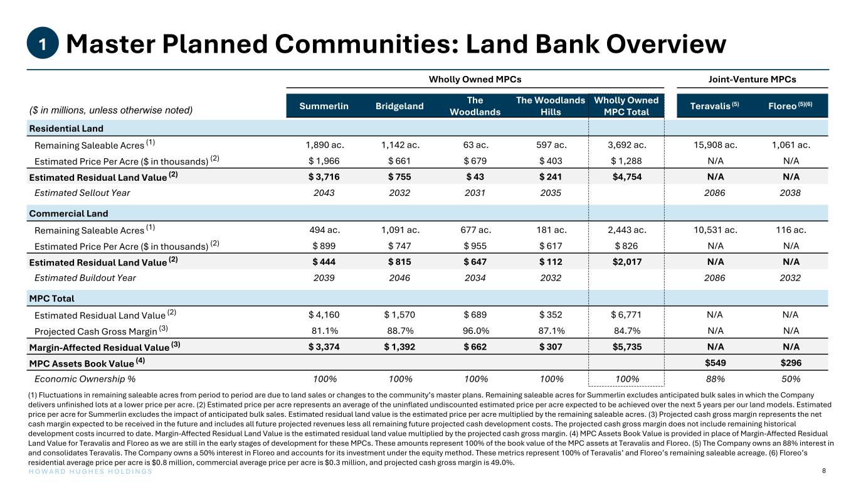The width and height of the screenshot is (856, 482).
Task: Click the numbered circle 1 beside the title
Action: pos(43,43)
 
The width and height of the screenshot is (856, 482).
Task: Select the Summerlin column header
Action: pos(324,106)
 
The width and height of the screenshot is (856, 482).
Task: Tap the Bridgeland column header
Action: pos(399,106)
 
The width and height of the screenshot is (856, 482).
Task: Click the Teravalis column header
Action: pos(714,105)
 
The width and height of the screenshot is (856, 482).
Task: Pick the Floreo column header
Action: pos(790,105)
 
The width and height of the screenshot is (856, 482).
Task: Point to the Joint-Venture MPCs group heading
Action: pos(752,79)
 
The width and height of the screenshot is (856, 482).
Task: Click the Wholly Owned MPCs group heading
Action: pos(475,79)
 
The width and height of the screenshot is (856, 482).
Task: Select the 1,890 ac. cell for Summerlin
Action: pos(324,145)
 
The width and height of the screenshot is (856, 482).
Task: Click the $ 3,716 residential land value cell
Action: pos(324,177)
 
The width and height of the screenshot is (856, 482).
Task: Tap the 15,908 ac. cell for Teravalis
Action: pos(716,145)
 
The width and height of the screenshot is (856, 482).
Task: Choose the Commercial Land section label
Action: pos(68,213)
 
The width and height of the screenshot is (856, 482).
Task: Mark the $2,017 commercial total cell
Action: pos(626,262)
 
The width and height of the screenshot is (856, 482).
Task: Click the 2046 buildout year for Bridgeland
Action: pos(399,278)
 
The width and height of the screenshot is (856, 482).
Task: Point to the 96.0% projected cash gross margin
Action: pos(476,331)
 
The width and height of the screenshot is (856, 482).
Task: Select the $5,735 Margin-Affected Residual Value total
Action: pos(626,346)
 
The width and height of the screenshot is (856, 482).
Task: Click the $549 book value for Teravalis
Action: pos(715,363)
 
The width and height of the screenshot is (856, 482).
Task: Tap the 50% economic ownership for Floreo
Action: pos(791,378)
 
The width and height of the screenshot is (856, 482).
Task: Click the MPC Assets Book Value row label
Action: pos(87,363)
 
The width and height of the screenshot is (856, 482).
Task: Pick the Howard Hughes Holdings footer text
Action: pos(90,471)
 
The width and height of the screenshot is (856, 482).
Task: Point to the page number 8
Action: pos(824,471)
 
